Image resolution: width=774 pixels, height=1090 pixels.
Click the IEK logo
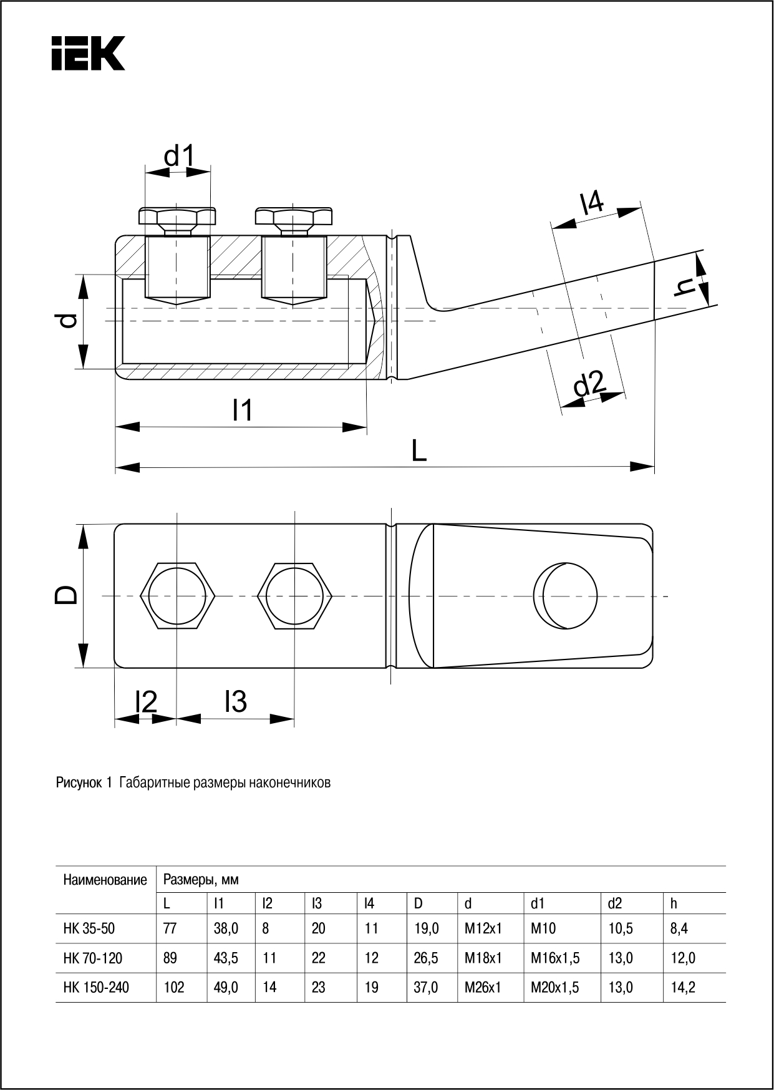point(88,53)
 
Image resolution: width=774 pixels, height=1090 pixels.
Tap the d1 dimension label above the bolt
point(179,156)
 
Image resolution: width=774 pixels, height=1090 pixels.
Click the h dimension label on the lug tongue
point(687,286)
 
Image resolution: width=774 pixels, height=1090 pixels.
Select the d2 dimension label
point(589,384)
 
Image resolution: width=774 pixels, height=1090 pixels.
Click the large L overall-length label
point(419,450)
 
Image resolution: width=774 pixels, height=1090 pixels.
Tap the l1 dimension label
point(242,411)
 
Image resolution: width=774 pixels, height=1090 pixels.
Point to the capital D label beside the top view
point(67,595)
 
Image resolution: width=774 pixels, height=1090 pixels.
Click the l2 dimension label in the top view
point(146,703)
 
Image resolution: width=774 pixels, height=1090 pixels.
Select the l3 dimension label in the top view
point(236,701)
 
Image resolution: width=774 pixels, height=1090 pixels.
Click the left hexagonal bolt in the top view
point(178,596)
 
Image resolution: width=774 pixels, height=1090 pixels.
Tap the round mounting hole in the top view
point(566,595)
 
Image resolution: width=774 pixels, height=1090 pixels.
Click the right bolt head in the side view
point(293,219)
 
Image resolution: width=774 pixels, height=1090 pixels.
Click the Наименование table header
point(105,880)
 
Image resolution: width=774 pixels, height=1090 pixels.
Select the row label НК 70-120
point(93,958)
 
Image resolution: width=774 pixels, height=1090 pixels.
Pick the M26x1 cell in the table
point(483,988)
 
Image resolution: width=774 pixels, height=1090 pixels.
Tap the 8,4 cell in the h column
point(679,928)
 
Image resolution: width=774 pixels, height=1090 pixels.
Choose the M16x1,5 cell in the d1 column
point(555,958)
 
